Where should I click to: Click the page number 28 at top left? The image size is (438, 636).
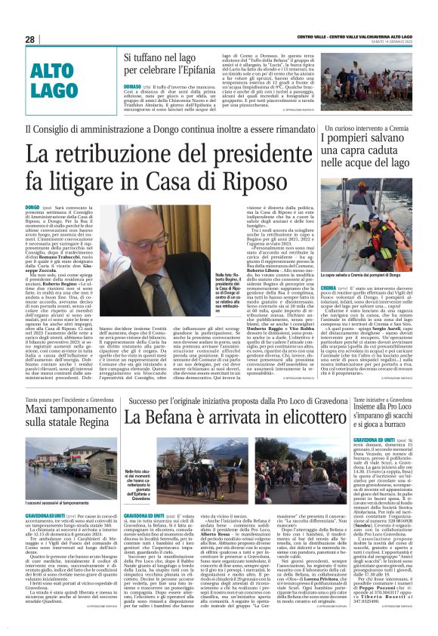30,39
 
